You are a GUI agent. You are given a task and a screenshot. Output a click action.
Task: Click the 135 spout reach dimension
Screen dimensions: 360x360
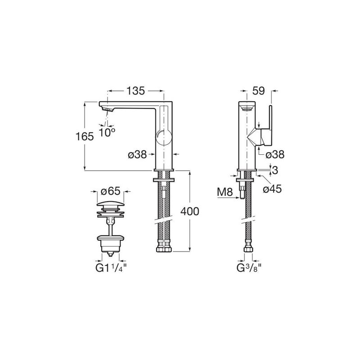(136, 91)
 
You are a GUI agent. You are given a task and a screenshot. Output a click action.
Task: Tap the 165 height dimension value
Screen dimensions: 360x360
(85, 137)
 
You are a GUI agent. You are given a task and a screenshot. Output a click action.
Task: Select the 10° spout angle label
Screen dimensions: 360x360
(107, 132)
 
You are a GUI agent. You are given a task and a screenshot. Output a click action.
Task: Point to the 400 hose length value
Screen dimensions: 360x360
(189, 211)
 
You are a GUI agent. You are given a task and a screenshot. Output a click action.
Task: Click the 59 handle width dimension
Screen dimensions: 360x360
(258, 91)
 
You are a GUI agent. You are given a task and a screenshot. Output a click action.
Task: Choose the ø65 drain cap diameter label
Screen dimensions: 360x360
(111, 191)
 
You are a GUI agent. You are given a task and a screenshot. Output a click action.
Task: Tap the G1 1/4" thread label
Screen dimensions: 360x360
(111, 268)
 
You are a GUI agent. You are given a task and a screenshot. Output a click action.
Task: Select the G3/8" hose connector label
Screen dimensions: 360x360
(249, 268)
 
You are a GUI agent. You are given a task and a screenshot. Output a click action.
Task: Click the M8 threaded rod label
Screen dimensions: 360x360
(225, 193)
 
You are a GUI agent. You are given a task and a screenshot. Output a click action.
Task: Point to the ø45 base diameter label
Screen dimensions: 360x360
(272, 189)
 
